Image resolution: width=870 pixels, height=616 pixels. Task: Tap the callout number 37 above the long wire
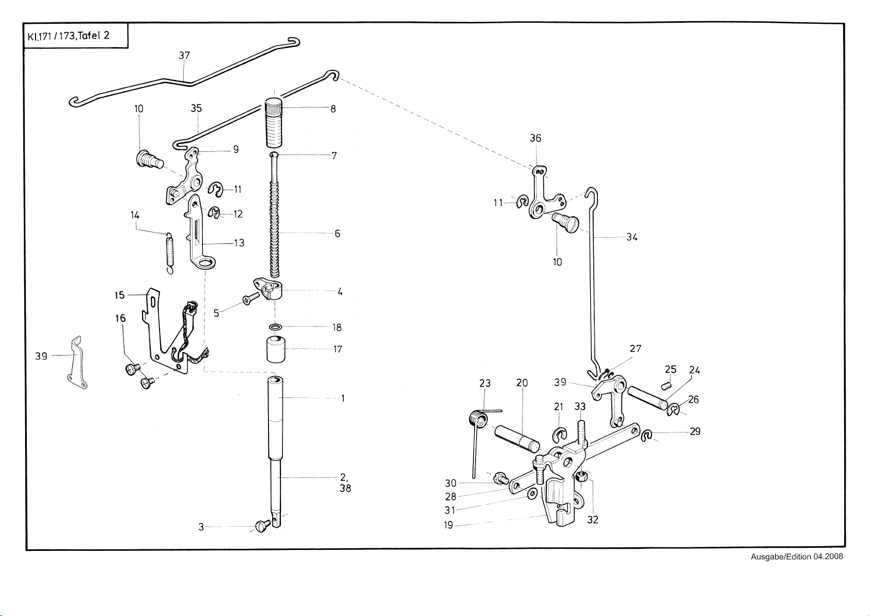tap(184, 55)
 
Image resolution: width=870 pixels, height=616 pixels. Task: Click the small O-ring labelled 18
tap(276, 327)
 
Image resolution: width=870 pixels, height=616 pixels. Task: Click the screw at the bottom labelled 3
tap(261, 526)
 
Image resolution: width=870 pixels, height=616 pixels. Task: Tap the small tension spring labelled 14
tap(169, 252)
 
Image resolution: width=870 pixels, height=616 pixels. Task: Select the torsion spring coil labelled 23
tap(478, 418)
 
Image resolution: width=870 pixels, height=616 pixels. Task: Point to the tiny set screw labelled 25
tap(667, 385)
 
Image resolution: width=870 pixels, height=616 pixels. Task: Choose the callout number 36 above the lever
tap(535, 138)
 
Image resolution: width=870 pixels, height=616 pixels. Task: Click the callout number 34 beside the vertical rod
tap(632, 237)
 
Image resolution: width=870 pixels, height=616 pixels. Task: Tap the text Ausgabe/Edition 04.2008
tap(797, 557)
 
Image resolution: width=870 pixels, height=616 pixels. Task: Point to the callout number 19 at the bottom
tap(448, 525)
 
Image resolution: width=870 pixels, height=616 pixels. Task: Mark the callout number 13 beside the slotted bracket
tap(239, 243)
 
